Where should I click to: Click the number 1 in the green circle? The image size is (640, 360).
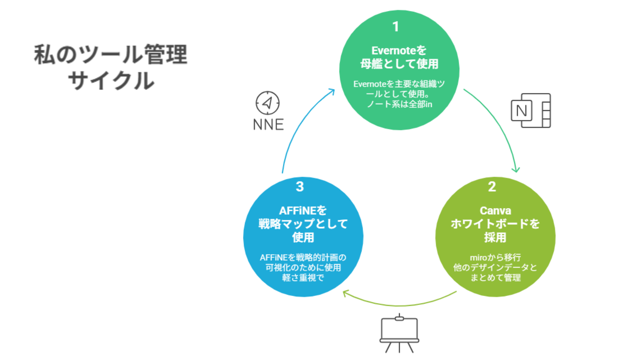(396, 27)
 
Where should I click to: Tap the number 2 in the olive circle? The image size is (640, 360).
(492, 187)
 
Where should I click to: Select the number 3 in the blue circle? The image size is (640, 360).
(300, 187)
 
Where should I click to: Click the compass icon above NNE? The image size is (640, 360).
(267, 103)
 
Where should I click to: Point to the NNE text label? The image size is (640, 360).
(268, 125)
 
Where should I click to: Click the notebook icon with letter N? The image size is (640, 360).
(531, 111)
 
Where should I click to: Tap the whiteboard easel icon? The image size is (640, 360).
(399, 333)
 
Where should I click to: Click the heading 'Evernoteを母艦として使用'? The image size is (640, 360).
(399, 57)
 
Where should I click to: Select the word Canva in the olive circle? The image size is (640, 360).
(495, 211)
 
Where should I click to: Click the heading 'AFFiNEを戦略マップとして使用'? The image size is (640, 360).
(303, 224)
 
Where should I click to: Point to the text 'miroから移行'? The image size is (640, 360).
(495, 257)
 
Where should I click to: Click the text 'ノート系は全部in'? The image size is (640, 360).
(399, 104)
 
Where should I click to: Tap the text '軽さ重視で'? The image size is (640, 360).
(303, 278)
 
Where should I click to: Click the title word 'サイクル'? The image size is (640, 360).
(111, 81)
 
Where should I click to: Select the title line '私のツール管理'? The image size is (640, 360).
(111, 54)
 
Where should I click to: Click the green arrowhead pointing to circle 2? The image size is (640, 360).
(516, 170)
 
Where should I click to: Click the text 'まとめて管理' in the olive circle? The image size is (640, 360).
(495, 278)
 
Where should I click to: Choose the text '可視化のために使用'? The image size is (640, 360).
(303, 268)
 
